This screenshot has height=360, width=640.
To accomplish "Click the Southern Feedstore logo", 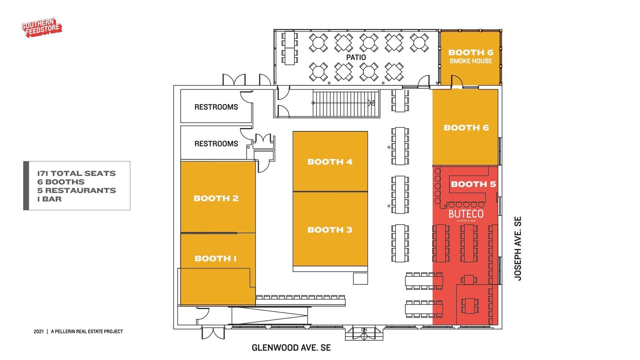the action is click(x=42, y=28).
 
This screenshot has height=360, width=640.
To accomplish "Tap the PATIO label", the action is click(x=356, y=57).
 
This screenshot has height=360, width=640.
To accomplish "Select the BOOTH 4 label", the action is click(x=330, y=162).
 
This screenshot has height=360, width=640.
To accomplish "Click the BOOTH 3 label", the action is click(x=330, y=230).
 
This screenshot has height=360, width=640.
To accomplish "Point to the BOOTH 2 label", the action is click(x=216, y=199).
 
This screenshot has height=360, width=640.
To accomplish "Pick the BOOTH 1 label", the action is click(x=216, y=259).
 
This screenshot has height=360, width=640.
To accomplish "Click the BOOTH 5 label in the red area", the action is click(x=473, y=184).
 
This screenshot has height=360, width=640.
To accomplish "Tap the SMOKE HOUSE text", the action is click(x=471, y=61).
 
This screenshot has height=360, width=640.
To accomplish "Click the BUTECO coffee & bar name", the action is click(x=466, y=215).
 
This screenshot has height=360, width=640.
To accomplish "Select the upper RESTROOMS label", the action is click(x=216, y=107).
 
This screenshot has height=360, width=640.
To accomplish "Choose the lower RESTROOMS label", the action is click(x=216, y=144).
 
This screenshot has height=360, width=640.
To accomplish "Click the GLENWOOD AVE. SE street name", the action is click(x=291, y=348).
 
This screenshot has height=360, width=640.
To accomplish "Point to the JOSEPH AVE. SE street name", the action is click(x=518, y=249).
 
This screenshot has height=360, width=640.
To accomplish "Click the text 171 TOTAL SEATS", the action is click(x=76, y=174).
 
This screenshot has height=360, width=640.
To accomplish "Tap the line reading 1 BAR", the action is click(x=49, y=199).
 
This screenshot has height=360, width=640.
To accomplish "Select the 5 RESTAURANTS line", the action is click(x=77, y=191).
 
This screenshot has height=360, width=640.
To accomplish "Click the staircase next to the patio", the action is click(x=346, y=103).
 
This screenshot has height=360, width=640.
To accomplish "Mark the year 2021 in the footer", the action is click(x=39, y=332).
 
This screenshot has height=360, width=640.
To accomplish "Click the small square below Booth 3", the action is click(x=360, y=279).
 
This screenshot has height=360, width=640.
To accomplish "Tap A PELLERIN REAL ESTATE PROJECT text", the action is click(x=87, y=332).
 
